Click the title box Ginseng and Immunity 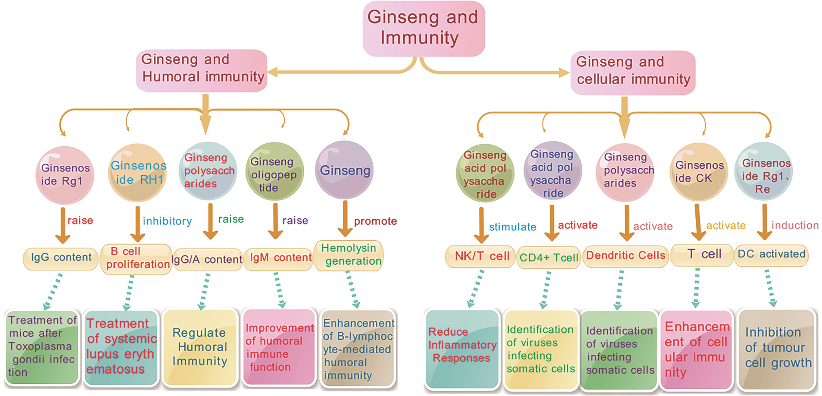tap(424, 28)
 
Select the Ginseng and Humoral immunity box tap(202, 70)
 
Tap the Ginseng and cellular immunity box tap(633, 72)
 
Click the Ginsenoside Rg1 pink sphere tap(65, 175)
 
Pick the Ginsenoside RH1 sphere tap(138, 172)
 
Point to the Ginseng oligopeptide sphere tap(274, 172)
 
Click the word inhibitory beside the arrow tap(167, 221)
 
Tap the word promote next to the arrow tap(375, 221)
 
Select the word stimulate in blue tap(512, 227)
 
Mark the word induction tap(795, 225)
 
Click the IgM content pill tap(278, 257)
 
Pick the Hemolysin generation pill tap(348, 255)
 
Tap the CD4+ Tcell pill tap(548, 257)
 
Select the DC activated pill tap(771, 254)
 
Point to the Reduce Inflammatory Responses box tap(462, 349)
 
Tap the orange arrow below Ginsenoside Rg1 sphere tap(63, 225)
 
